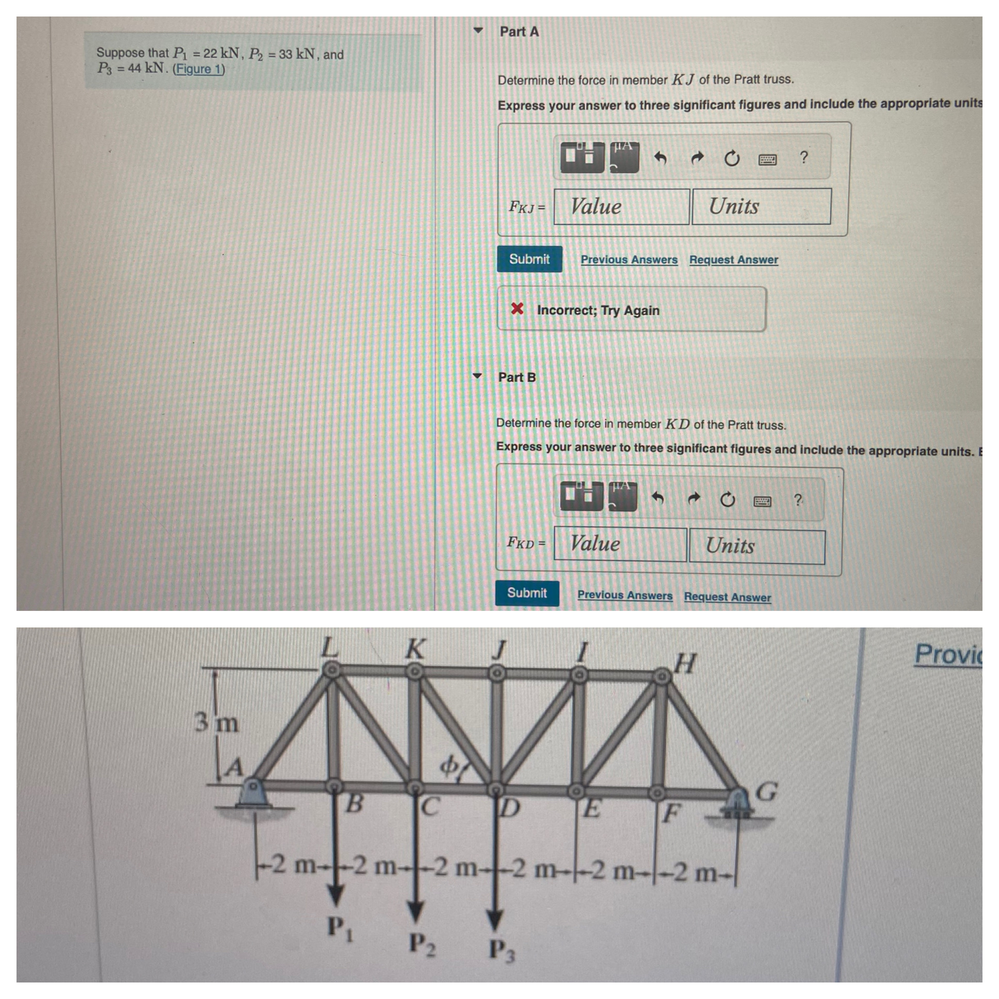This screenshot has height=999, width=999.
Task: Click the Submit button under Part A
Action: tap(529, 259)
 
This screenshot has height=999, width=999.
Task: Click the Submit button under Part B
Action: tap(526, 592)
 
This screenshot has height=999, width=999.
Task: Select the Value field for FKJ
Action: tap(621, 206)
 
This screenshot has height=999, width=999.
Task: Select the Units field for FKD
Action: tap(756, 546)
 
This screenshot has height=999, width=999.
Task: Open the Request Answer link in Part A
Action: tap(733, 260)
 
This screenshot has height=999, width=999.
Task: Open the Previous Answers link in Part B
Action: tap(625, 595)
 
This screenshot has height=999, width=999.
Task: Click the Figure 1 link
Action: tap(199, 69)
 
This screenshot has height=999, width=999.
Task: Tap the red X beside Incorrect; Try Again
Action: tap(517, 309)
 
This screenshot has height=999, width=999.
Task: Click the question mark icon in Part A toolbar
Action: tap(803, 157)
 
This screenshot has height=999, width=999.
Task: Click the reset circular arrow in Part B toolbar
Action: tap(727, 499)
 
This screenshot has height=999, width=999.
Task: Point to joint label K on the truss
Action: tap(415, 650)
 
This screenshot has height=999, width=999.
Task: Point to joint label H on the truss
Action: tap(686, 664)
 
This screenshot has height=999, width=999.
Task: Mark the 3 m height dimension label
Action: tap(217, 722)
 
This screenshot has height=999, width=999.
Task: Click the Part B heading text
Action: tap(517, 378)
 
